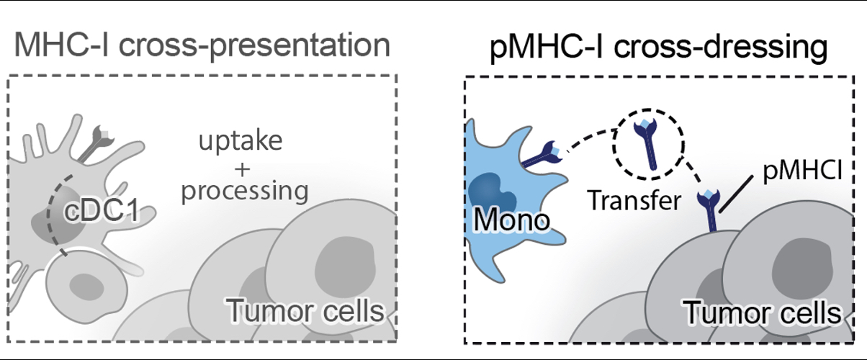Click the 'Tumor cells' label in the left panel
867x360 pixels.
(302, 312)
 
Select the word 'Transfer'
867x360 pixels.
(634, 200)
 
